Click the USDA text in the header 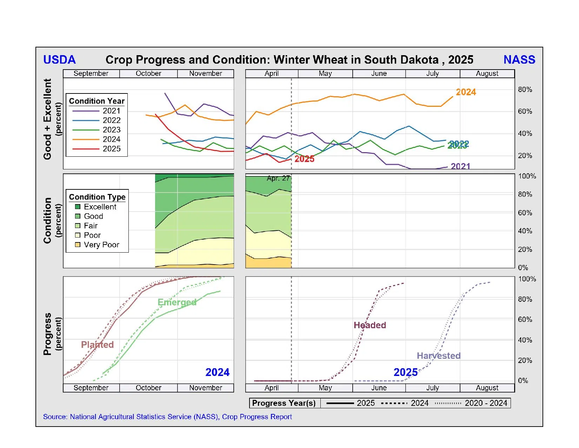(x=59, y=60)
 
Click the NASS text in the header (x=519, y=60)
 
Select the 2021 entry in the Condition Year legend (x=111, y=111)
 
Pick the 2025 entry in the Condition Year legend (x=111, y=149)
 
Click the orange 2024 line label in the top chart (x=466, y=92)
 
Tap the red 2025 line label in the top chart (x=304, y=159)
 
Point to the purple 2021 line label (x=460, y=166)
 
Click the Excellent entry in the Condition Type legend (x=100, y=207)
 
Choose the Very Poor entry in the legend (x=101, y=245)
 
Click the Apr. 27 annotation (x=278, y=178)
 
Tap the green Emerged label (x=177, y=302)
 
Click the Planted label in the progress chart (x=97, y=344)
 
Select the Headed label (x=370, y=325)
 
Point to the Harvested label (x=438, y=356)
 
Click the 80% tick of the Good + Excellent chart (x=525, y=90)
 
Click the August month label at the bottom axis (x=487, y=388)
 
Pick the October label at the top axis (x=148, y=73)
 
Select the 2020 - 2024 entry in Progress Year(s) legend (x=486, y=403)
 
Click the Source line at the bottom (x=167, y=417)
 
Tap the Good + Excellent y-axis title (x=47, y=119)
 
